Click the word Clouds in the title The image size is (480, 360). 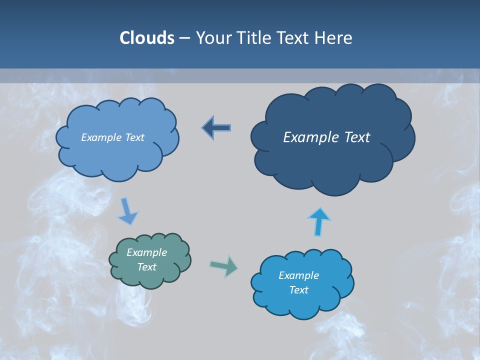coord(146,38)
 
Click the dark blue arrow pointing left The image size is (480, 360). coord(216,128)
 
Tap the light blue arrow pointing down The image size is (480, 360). coord(127,211)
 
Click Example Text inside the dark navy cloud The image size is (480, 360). coord(326,137)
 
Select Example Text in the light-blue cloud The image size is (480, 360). coord(112,137)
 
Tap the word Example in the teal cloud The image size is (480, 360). coord(146,253)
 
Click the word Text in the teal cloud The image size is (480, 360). coord(146,267)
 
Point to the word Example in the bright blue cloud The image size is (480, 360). coord(298,275)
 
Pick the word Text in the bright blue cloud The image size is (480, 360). coord(298,290)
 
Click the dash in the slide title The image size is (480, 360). coord(184,38)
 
